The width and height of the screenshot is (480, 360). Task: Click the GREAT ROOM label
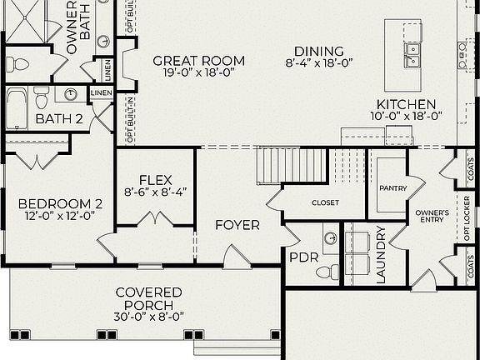(x=198, y=61)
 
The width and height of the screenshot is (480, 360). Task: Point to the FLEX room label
(x=155, y=179)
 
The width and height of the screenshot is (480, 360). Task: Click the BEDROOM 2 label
(x=60, y=203)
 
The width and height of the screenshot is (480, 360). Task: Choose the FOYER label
(x=237, y=225)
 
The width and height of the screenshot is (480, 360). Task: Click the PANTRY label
(x=392, y=188)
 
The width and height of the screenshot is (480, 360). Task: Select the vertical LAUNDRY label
(x=382, y=255)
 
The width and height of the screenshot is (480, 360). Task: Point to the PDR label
(x=303, y=257)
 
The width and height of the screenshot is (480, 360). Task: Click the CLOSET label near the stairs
(x=325, y=202)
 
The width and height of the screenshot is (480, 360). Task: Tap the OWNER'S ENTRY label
(x=432, y=217)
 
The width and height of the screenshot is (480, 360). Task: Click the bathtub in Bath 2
(x=17, y=107)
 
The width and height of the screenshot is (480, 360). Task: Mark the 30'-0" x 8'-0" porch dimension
(x=149, y=316)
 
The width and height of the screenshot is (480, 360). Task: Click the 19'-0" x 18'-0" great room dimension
(x=198, y=72)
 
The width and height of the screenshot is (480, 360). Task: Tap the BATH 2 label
(x=58, y=119)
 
